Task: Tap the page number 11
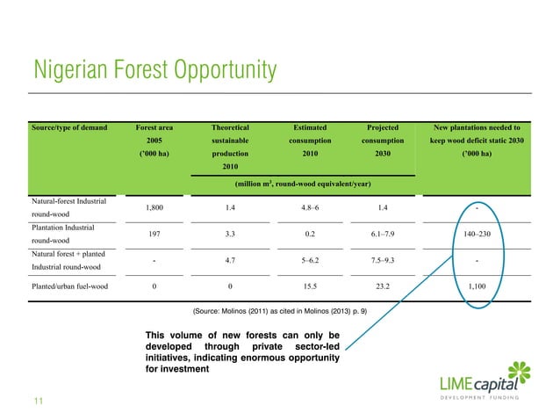pyautogui.click(x=38, y=402)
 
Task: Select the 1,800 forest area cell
pyautogui.click(x=154, y=208)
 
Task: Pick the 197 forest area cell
pyautogui.click(x=154, y=235)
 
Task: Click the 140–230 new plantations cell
pyautogui.click(x=475, y=235)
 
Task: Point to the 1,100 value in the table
pyautogui.click(x=475, y=286)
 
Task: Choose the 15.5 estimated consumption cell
pyautogui.click(x=309, y=286)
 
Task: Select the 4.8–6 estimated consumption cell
pyautogui.click(x=309, y=208)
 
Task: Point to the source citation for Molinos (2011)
pyautogui.click(x=279, y=311)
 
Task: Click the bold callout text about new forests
pyautogui.click(x=242, y=351)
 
